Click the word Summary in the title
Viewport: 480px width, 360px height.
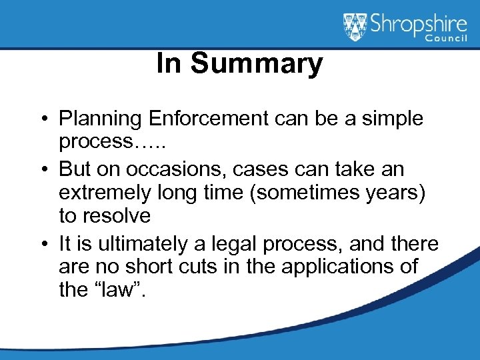257,65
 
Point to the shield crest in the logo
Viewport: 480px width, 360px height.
354,26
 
